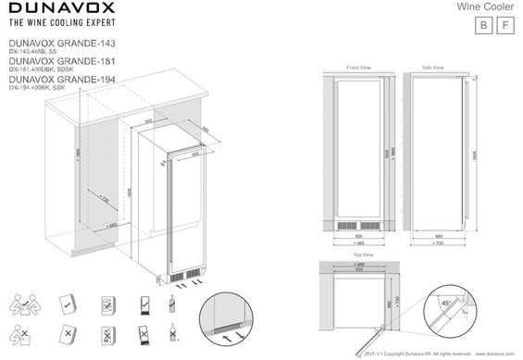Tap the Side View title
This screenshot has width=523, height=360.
click(432, 68)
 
